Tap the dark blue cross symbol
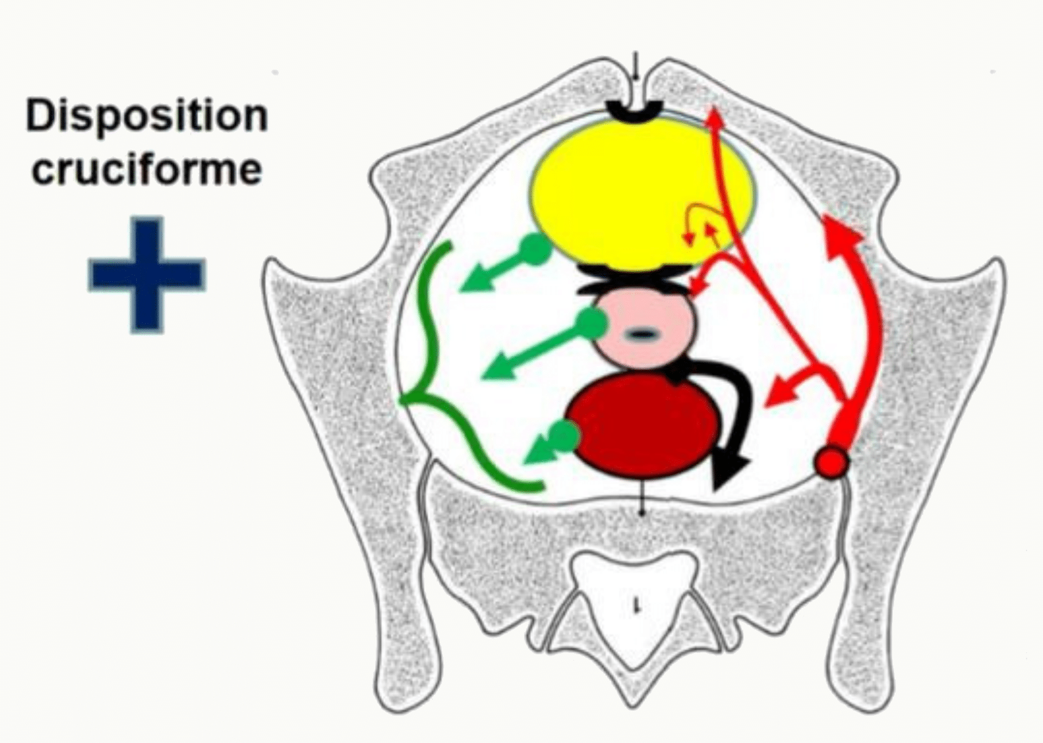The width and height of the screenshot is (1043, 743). click(146, 275)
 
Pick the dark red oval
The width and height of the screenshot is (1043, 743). click(642, 426)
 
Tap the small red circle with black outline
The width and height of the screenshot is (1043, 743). click(831, 462)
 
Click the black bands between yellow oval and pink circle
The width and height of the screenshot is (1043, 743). click(635, 279)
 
